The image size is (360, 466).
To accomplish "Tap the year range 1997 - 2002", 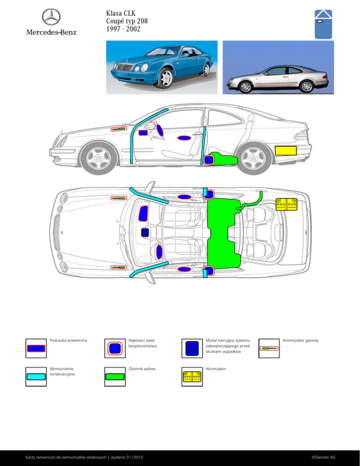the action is click(123, 29).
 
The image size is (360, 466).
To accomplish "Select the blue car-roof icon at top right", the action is click(323, 24).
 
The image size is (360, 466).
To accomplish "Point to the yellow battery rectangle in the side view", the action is click(285, 150).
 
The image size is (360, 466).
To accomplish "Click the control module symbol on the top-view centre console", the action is click(145, 232).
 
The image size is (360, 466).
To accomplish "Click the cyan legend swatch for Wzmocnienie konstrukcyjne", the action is click(36, 376).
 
